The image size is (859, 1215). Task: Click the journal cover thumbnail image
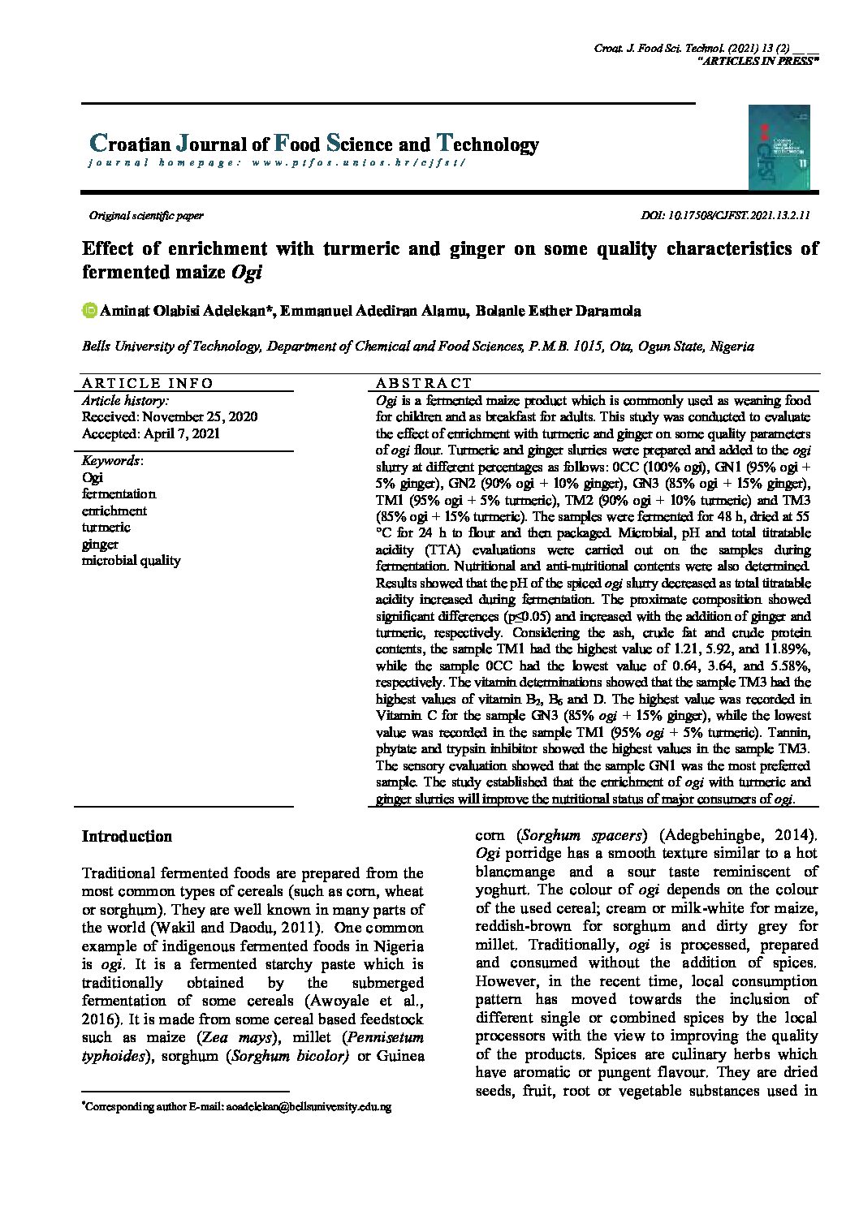click(x=779, y=148)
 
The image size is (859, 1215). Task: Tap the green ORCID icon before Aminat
click(x=89, y=311)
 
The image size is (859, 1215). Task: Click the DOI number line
click(x=725, y=216)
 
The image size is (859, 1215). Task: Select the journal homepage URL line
click(x=277, y=162)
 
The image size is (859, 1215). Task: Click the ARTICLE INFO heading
click(x=147, y=383)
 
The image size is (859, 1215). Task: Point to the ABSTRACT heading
click(x=423, y=383)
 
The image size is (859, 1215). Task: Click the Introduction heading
click(x=127, y=837)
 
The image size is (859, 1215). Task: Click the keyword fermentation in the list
click(x=119, y=494)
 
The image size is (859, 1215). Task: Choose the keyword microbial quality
click(x=131, y=561)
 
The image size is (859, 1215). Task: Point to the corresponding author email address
click(x=309, y=1107)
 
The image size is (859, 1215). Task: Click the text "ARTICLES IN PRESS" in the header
click(x=758, y=61)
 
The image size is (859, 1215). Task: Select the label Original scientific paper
click(x=146, y=216)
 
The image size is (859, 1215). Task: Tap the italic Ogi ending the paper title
click(x=247, y=273)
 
